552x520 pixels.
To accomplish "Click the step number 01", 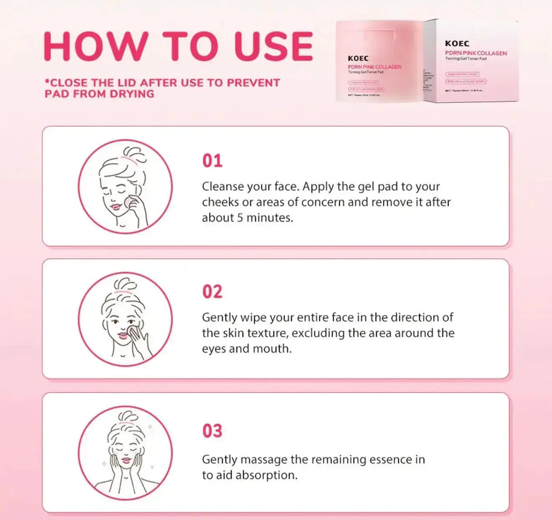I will (x=212, y=161).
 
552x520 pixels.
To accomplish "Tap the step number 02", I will (x=212, y=291).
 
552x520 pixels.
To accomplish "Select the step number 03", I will (x=212, y=430).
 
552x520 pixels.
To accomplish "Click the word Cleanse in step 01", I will (x=222, y=187).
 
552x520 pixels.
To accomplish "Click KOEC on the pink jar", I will (x=358, y=57).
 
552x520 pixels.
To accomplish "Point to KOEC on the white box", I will (x=457, y=43).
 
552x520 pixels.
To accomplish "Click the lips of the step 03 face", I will (x=126, y=460).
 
